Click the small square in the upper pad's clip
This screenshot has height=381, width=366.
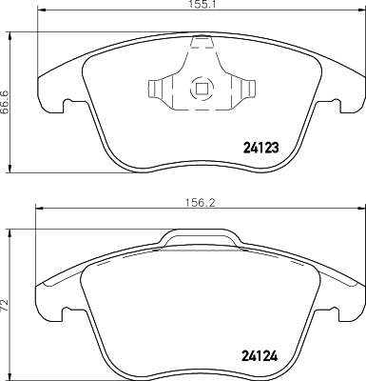(202, 90)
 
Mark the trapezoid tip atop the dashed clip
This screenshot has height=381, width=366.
(202, 41)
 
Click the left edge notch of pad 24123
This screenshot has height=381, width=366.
(67, 104)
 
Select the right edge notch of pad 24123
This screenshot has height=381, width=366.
(335, 104)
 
